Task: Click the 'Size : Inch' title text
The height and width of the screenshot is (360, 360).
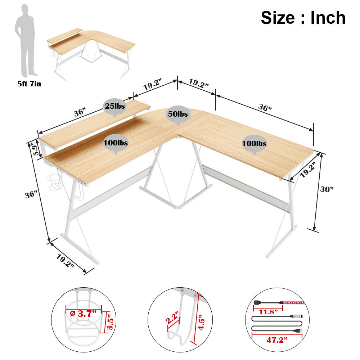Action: click(x=303, y=18)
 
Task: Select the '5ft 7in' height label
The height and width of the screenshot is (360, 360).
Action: click(x=29, y=84)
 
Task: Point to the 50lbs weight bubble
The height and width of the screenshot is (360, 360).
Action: click(x=178, y=114)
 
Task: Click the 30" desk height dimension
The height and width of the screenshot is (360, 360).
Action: click(x=327, y=189)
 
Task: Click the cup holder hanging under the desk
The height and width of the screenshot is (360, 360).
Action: click(x=54, y=182)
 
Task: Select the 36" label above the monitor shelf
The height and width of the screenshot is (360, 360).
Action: click(x=79, y=112)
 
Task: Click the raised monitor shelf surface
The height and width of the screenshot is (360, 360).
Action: click(x=95, y=124)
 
